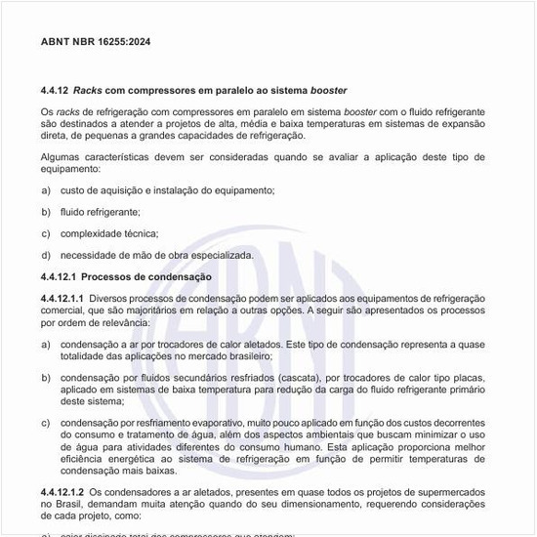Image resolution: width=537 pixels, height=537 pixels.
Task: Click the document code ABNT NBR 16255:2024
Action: (96, 42)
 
